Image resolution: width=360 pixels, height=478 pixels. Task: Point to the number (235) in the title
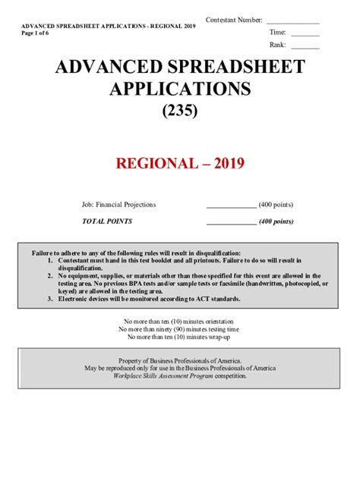179,112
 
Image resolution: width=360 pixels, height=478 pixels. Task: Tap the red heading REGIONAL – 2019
179,163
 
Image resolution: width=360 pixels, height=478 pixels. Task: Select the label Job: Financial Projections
118,205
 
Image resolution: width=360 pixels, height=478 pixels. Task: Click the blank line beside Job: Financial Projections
231,206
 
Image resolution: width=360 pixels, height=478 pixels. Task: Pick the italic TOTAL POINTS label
107,221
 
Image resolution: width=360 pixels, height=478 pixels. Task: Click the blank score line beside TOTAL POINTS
231,223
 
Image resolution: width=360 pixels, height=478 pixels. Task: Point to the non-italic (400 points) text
276,205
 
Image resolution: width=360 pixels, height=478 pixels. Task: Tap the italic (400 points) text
276,221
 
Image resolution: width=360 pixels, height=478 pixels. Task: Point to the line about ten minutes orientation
179,322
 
